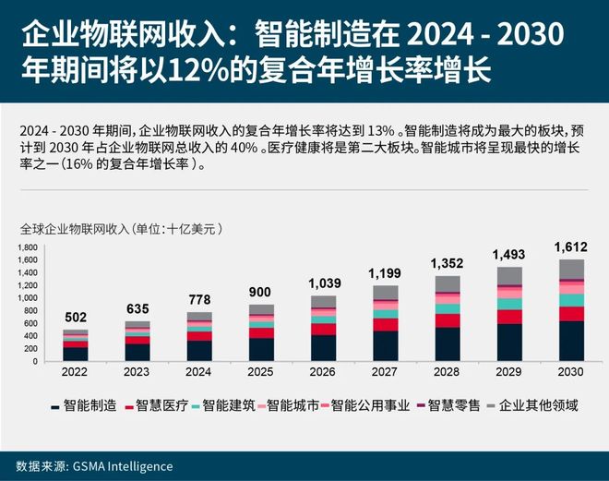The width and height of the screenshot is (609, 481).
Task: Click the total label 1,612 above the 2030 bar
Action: coord(569,247)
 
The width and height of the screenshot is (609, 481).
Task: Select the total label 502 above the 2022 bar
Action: coord(77,318)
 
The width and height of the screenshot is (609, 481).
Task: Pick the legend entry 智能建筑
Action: coord(227,404)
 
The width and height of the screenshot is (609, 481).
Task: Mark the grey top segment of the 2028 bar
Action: coord(447,283)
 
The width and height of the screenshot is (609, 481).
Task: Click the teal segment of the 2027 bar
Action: coord(385,314)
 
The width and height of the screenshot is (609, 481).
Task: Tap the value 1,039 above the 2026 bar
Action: coord(323,284)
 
